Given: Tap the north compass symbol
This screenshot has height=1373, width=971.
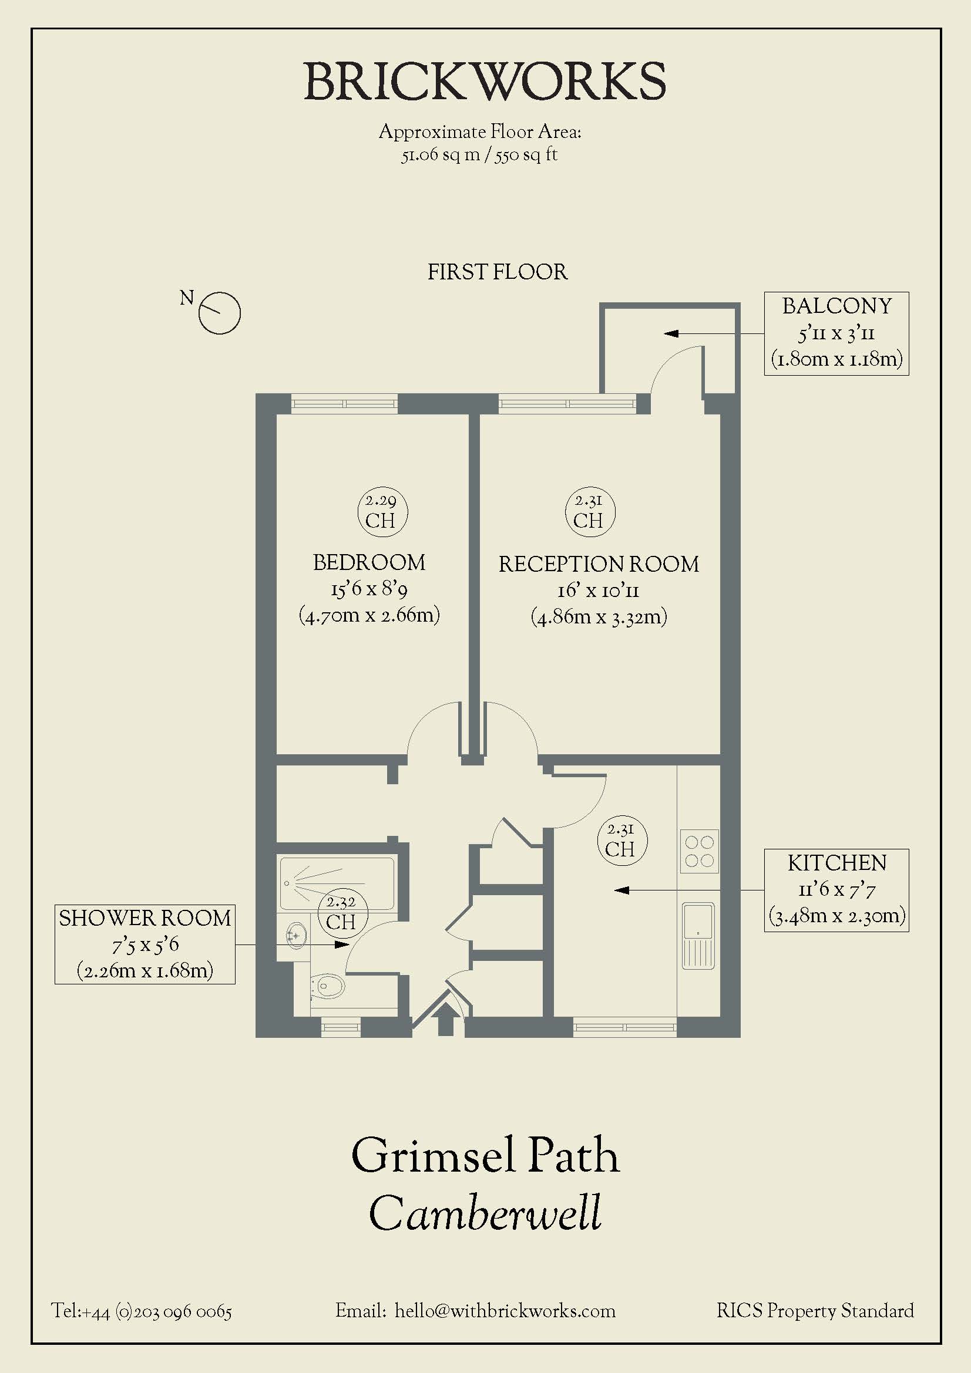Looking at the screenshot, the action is (219, 313).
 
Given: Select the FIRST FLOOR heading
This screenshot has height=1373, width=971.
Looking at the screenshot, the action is (497, 272).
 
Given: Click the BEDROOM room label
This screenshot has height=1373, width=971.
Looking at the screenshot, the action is (369, 563).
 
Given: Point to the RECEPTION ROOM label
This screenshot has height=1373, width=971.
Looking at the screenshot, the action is (599, 565).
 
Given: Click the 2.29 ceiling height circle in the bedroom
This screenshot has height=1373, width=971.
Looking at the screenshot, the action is (382, 512).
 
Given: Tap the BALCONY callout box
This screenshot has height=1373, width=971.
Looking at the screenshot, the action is (836, 333).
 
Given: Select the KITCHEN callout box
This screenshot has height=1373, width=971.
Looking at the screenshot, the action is (836, 890).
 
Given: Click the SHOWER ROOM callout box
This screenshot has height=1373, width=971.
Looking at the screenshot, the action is (145, 944).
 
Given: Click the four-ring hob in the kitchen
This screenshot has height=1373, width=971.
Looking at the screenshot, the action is (700, 851).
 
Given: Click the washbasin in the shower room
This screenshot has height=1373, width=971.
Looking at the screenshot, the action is (296, 935).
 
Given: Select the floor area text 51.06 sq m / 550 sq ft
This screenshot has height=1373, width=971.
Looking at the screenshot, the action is (479, 155).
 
